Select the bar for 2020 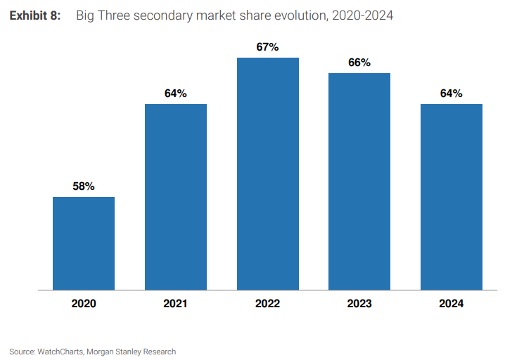tap(84, 243)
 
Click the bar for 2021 tap(176, 197)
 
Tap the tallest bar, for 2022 tap(268, 174)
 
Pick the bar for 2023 tap(359, 181)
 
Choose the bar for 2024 tap(452, 197)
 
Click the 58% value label tap(84, 186)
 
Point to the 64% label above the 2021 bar tap(176, 94)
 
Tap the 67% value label tap(268, 47)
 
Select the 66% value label tap(359, 63)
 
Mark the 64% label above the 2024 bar tap(452, 94)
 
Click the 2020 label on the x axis tap(84, 304)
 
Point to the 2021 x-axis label tap(176, 304)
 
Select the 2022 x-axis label tap(268, 304)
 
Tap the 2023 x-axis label tap(359, 304)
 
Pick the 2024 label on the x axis tap(452, 304)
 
